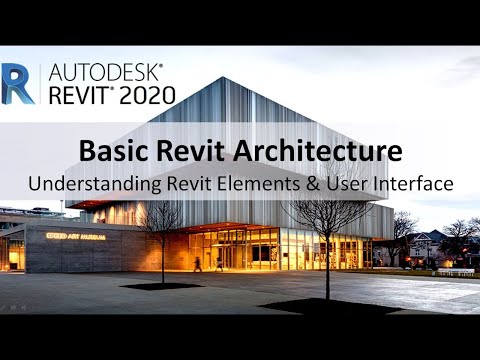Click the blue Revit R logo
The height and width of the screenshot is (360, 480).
(19, 83)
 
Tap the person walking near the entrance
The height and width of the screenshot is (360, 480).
(197, 263)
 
